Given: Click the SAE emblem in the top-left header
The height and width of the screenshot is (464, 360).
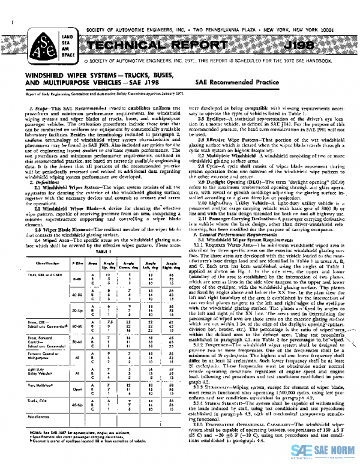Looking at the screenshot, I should click(x=37, y=40).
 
